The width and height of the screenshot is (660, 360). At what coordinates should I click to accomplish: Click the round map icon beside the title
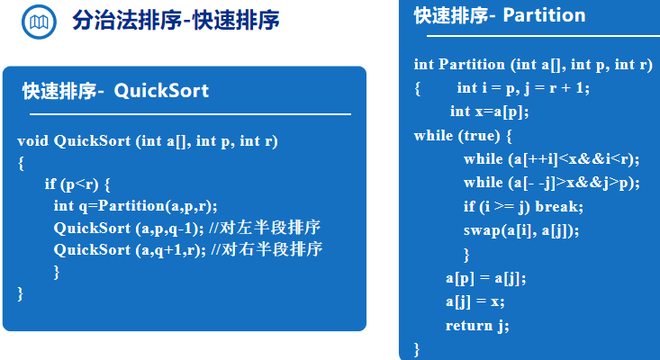coord(39,22)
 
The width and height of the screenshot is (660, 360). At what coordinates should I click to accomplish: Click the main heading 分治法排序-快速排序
coord(176,20)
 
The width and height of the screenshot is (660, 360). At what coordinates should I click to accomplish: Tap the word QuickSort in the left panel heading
coord(161,91)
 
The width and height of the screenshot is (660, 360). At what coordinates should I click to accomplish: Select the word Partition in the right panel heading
coord(544,15)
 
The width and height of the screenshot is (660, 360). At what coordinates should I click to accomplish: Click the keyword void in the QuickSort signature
coord(33,141)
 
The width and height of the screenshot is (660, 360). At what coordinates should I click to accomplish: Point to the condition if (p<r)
coord(71,184)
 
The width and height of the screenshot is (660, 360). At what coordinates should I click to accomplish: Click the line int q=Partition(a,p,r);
coord(136,206)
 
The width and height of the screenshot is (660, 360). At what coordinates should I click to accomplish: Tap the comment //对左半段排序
coord(265,228)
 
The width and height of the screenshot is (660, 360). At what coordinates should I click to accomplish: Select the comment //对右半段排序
coord(267,249)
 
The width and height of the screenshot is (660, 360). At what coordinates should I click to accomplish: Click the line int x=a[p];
coord(489,112)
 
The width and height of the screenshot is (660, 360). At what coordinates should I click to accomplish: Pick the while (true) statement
coord(463,135)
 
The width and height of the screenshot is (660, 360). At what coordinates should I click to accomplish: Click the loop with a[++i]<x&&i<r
coord(551,159)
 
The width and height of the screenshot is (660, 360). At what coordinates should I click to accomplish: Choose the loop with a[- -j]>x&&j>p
coord(551,183)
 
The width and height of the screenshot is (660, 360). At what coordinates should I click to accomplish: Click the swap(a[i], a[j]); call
coord(521,230)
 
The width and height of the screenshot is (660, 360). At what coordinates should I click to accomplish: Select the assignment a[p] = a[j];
coord(485,278)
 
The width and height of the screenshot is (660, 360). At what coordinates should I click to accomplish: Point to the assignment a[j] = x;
coord(475,301)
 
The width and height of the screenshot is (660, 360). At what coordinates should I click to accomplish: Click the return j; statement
coord(477,326)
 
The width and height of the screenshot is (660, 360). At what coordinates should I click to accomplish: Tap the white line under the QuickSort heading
coord(190,114)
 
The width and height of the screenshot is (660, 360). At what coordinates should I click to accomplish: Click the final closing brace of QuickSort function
coord(20,293)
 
